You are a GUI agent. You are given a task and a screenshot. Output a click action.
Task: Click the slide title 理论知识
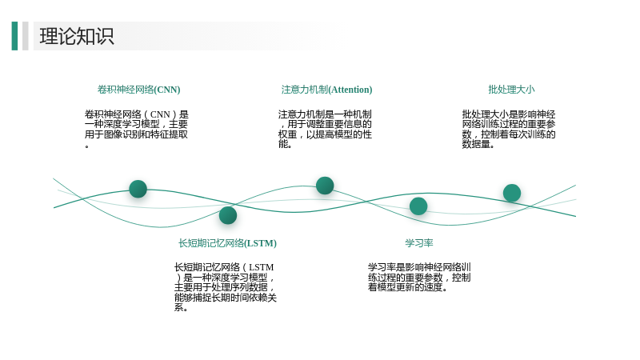click(77, 36)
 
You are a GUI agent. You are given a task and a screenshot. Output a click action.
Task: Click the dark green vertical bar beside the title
click(14, 36)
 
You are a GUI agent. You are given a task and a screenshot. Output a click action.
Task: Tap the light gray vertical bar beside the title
click(26, 36)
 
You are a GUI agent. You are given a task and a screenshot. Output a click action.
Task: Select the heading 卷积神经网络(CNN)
click(138, 90)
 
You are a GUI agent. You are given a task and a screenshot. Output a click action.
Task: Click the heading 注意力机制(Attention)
click(326, 90)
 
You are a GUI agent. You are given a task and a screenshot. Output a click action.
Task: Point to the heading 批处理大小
click(511, 90)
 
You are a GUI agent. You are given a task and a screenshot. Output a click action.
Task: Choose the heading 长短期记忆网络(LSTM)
click(227, 243)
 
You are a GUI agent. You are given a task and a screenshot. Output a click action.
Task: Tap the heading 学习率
click(418, 243)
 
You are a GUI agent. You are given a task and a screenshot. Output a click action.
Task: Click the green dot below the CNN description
click(138, 189)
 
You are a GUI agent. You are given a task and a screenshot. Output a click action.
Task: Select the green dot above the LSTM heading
click(228, 215)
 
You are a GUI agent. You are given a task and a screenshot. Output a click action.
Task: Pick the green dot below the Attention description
click(325, 186)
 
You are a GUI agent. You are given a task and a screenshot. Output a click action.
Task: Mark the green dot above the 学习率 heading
click(418, 206)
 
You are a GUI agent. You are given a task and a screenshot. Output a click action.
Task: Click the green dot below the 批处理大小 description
click(512, 193)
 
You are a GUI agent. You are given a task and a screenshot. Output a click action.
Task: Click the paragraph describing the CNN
click(136, 129)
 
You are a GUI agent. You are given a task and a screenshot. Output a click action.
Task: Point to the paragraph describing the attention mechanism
click(325, 129)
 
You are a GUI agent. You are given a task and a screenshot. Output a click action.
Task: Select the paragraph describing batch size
click(509, 129)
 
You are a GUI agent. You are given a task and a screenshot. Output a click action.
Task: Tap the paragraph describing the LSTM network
click(226, 287)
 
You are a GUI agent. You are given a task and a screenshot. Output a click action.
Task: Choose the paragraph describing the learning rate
click(419, 277)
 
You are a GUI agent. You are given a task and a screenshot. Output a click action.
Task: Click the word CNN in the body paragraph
click(160, 114)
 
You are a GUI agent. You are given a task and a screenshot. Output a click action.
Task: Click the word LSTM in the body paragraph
click(262, 267)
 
